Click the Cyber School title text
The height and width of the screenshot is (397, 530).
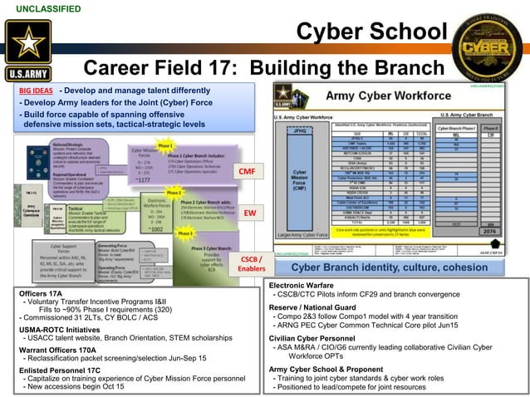click(x=371, y=32)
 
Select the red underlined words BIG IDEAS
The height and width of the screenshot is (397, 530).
click(x=36, y=90)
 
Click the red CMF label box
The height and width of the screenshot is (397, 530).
click(x=246, y=171)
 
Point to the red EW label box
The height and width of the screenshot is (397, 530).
click(x=248, y=213)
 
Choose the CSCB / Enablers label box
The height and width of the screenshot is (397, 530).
click(x=252, y=263)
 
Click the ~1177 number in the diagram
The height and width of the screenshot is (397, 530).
click(x=142, y=179)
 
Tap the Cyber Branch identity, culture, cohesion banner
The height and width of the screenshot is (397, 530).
click(x=390, y=267)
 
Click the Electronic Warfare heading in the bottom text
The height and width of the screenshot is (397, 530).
click(x=302, y=285)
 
